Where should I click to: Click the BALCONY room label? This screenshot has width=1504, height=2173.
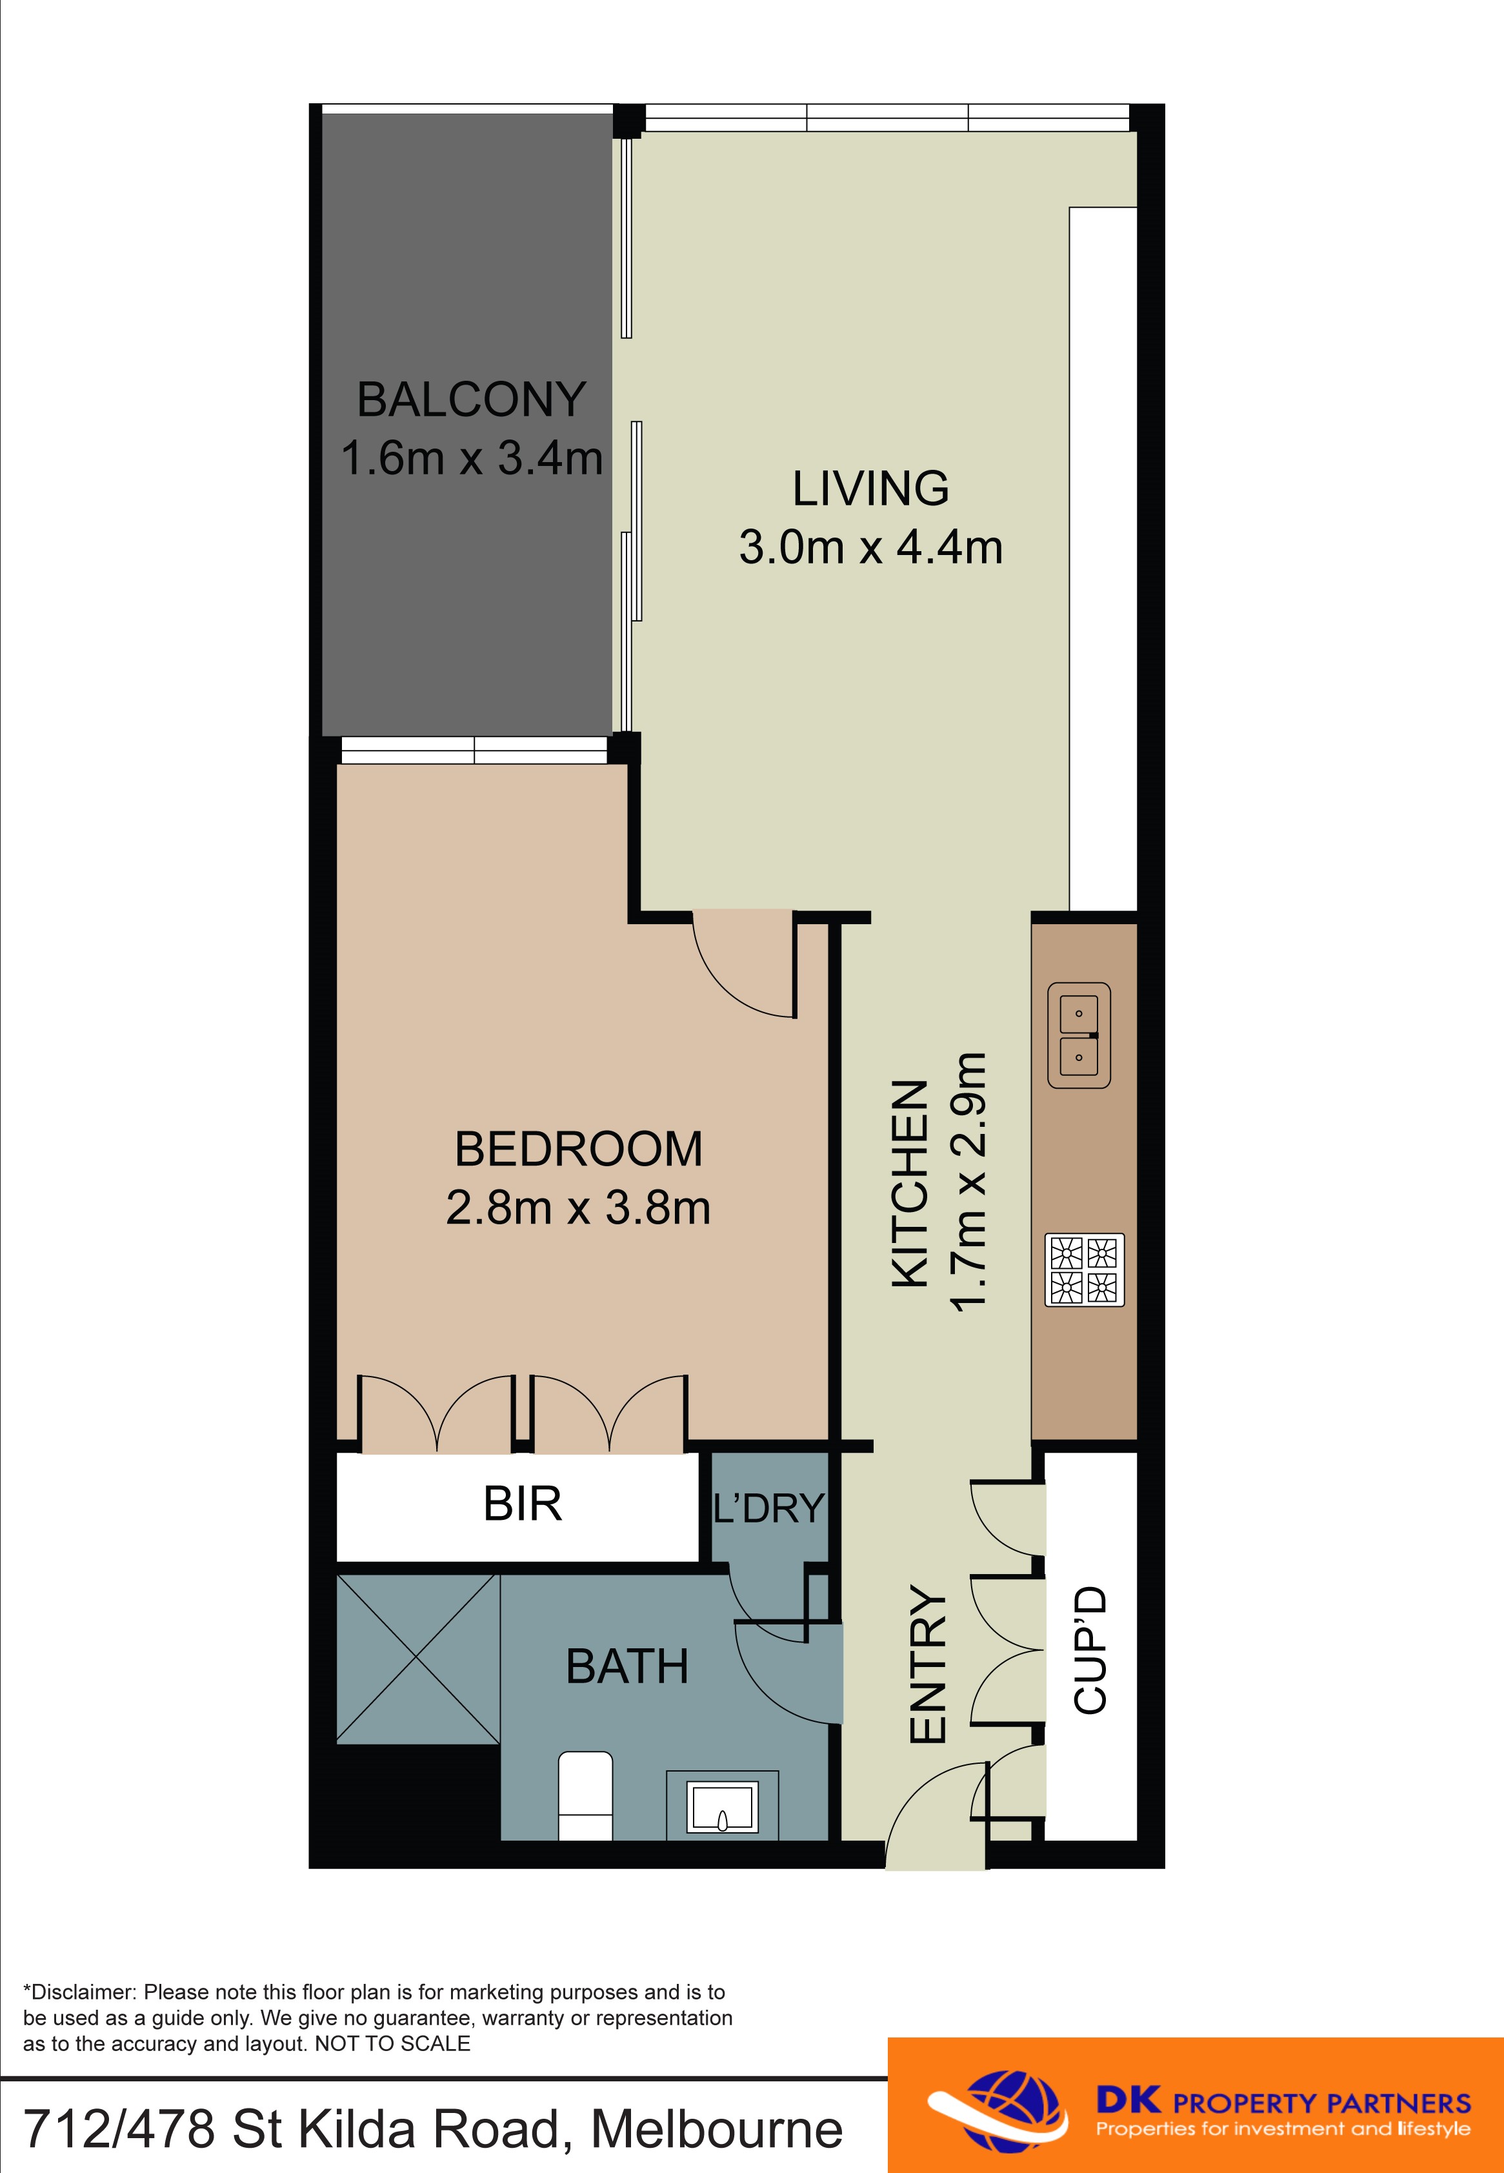[471, 399]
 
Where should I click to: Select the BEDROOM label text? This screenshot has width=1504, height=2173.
[579, 1149]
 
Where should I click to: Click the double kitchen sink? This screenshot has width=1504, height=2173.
[1079, 1036]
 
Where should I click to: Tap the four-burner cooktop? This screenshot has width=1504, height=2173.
[1085, 1269]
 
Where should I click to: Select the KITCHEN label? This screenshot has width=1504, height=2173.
[911, 1184]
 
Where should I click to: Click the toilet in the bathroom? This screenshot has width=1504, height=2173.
[585, 1795]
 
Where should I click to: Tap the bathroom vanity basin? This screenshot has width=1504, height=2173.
[723, 1806]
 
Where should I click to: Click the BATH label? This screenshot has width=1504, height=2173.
[627, 1667]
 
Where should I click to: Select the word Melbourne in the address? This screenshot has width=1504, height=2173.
[716, 2130]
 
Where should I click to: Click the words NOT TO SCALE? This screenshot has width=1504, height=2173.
[392, 2043]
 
